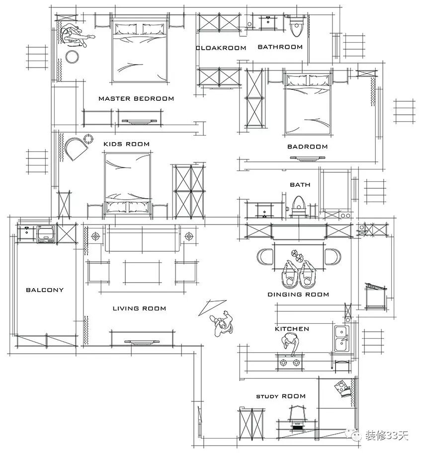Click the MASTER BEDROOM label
[x=136, y=98]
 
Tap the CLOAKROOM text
[x=221, y=48]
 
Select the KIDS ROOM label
[x=126, y=144]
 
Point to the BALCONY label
[x=45, y=290]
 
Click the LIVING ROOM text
[x=139, y=308]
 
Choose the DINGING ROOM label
[x=298, y=295]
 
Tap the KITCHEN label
[x=292, y=329]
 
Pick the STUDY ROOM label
[x=281, y=396]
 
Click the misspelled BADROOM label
[x=307, y=147]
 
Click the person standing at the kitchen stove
[x=290, y=343]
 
